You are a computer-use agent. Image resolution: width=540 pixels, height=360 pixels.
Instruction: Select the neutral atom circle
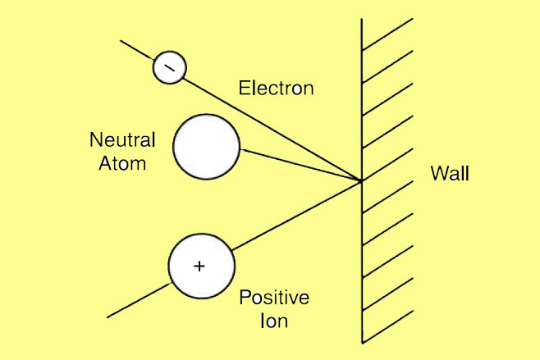pos(206,147)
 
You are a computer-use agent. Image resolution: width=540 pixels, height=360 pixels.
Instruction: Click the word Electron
pos(276,88)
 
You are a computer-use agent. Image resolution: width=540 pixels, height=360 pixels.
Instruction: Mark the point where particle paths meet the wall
pos(361,180)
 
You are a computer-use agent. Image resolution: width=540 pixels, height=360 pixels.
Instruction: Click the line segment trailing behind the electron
pos(137,48)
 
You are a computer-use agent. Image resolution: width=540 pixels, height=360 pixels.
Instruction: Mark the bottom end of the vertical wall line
pos(362,341)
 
